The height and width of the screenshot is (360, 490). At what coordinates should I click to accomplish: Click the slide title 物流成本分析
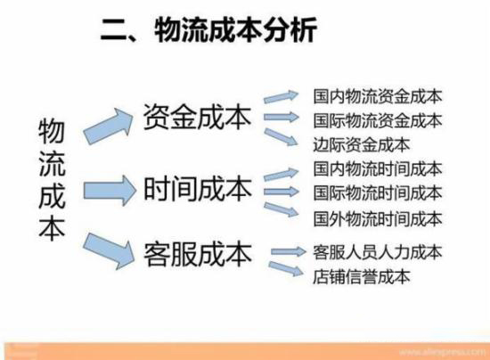[236, 29]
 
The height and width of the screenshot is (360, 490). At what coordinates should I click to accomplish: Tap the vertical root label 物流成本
[52, 181]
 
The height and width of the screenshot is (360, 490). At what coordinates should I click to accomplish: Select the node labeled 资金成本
[198, 117]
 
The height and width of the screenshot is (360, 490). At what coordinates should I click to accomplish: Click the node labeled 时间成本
[198, 189]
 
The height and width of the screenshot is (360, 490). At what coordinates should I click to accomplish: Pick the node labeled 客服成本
[198, 254]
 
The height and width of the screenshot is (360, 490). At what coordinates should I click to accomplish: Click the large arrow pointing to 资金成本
[109, 126]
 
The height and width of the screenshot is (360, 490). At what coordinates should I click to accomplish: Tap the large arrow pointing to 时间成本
[110, 191]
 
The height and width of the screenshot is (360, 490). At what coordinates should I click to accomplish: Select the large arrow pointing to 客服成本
[109, 250]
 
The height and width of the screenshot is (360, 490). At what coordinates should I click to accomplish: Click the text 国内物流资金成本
[378, 96]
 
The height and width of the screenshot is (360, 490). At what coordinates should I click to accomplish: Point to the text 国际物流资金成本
[378, 120]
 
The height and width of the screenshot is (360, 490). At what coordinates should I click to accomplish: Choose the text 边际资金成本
[362, 144]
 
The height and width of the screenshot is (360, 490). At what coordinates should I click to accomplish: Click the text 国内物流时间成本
[378, 168]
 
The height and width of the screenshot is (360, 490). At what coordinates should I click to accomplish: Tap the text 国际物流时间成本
[378, 192]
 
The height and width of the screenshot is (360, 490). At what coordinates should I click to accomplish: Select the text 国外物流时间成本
[378, 218]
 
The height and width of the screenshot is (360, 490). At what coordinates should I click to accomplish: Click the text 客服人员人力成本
[378, 252]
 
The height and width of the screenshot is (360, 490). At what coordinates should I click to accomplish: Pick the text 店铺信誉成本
[362, 276]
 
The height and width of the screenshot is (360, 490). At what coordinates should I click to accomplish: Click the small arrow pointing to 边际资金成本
[281, 137]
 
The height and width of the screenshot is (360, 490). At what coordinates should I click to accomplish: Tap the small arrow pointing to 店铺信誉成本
[286, 269]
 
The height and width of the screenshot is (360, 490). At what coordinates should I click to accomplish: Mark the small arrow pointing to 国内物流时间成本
[282, 174]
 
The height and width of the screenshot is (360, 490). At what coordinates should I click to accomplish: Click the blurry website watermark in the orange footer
[442, 352]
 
